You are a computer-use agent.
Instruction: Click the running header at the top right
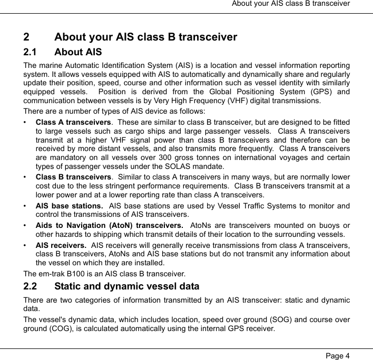click(x=291, y=5)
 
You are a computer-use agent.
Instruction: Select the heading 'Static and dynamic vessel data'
click(x=127, y=287)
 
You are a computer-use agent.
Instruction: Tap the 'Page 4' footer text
click(x=337, y=355)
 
